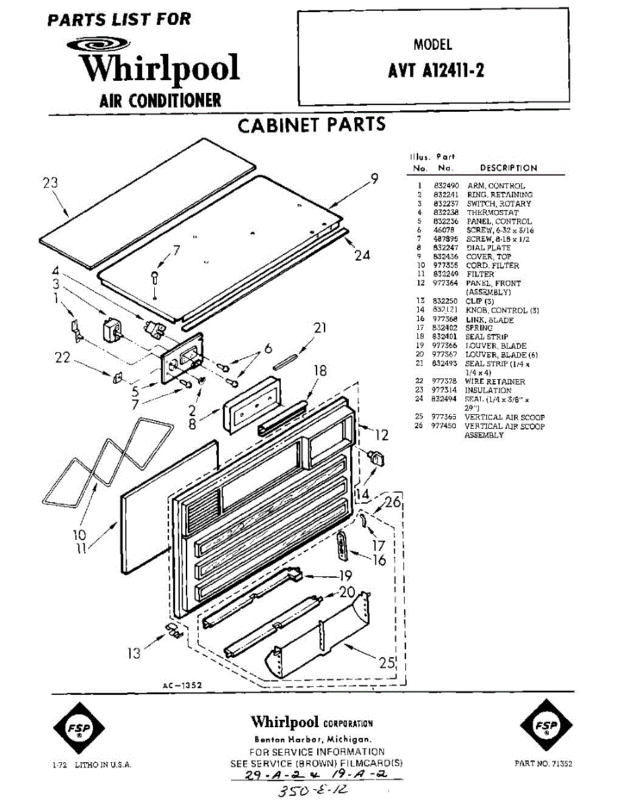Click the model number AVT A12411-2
[436, 71]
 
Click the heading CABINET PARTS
[312, 125]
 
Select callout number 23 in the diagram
[50, 182]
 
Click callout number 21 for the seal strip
[320, 328]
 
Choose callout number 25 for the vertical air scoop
[386, 663]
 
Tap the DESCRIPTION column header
[508, 168]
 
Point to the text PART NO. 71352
[543, 764]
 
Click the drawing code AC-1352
[182, 685]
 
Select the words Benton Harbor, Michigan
[312, 739]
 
